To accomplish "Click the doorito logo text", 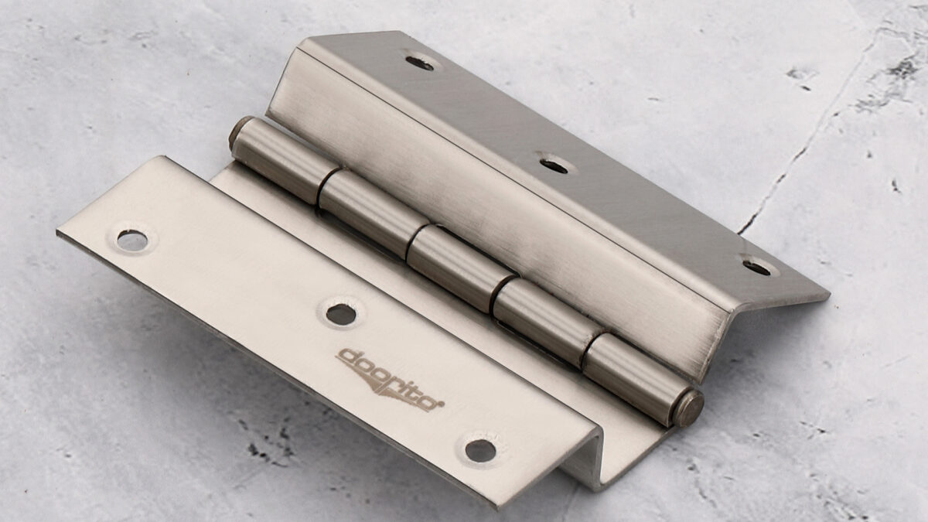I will (x=390, y=375).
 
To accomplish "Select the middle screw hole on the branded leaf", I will (x=340, y=314).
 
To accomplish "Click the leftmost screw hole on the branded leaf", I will (x=132, y=240).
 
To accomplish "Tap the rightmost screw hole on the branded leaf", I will (x=480, y=450).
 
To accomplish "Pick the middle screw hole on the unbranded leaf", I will (x=554, y=165).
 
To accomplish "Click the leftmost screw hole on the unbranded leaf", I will (x=420, y=63).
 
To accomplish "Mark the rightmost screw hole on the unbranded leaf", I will (x=757, y=267).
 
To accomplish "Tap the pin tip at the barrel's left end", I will (x=236, y=133).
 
